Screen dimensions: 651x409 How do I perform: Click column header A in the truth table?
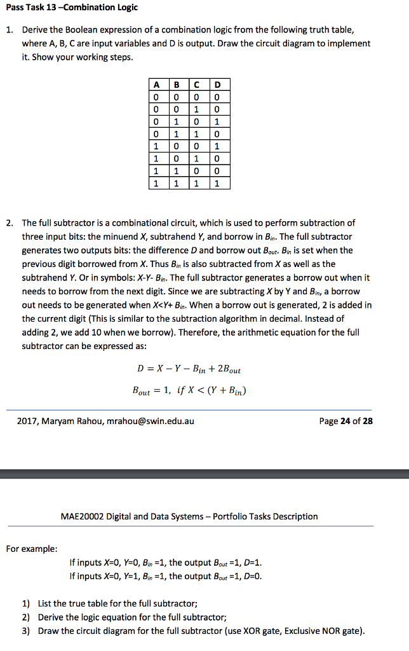156,85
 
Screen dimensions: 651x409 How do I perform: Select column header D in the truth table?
218,85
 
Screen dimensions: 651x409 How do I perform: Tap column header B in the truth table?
177,85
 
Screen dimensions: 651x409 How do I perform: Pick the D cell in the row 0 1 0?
218,122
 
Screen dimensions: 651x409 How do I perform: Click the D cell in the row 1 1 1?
218,183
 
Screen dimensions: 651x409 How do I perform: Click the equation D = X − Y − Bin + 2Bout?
189,369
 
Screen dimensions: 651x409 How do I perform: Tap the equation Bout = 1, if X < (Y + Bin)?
189,390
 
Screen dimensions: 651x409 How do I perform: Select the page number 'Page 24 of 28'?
346,421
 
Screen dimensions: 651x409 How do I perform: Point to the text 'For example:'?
31,547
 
